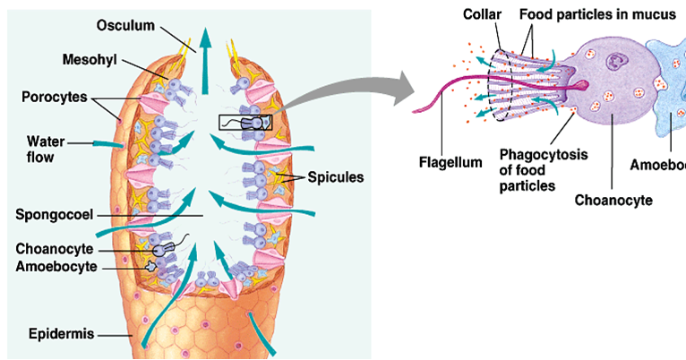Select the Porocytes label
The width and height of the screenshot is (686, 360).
tap(55, 96)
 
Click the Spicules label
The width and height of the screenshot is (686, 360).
tap(337, 177)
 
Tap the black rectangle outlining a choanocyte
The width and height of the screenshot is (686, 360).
tap(244, 123)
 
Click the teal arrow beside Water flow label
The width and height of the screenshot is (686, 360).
tap(107, 143)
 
